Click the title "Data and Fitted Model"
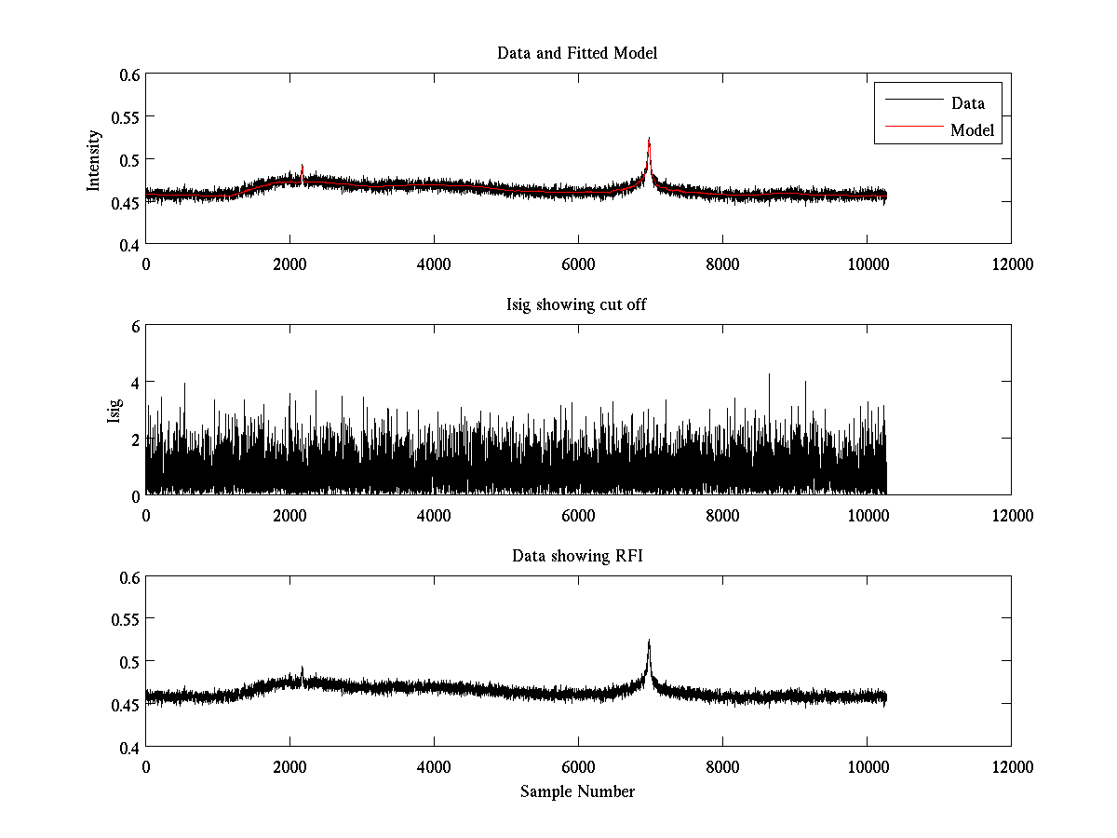coord(577,53)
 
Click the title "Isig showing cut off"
coord(577,304)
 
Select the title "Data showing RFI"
coord(577,556)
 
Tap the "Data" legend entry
coord(967,103)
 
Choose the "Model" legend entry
coord(973,130)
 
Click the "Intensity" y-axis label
coord(93,159)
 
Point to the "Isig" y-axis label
coord(114,411)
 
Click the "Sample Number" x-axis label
coord(577,791)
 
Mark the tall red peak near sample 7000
coord(649,142)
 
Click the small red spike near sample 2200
coord(303,168)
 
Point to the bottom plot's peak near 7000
coord(649,642)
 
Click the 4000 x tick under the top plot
coord(434,264)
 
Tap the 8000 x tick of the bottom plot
coord(722,766)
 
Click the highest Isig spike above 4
coord(769,375)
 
